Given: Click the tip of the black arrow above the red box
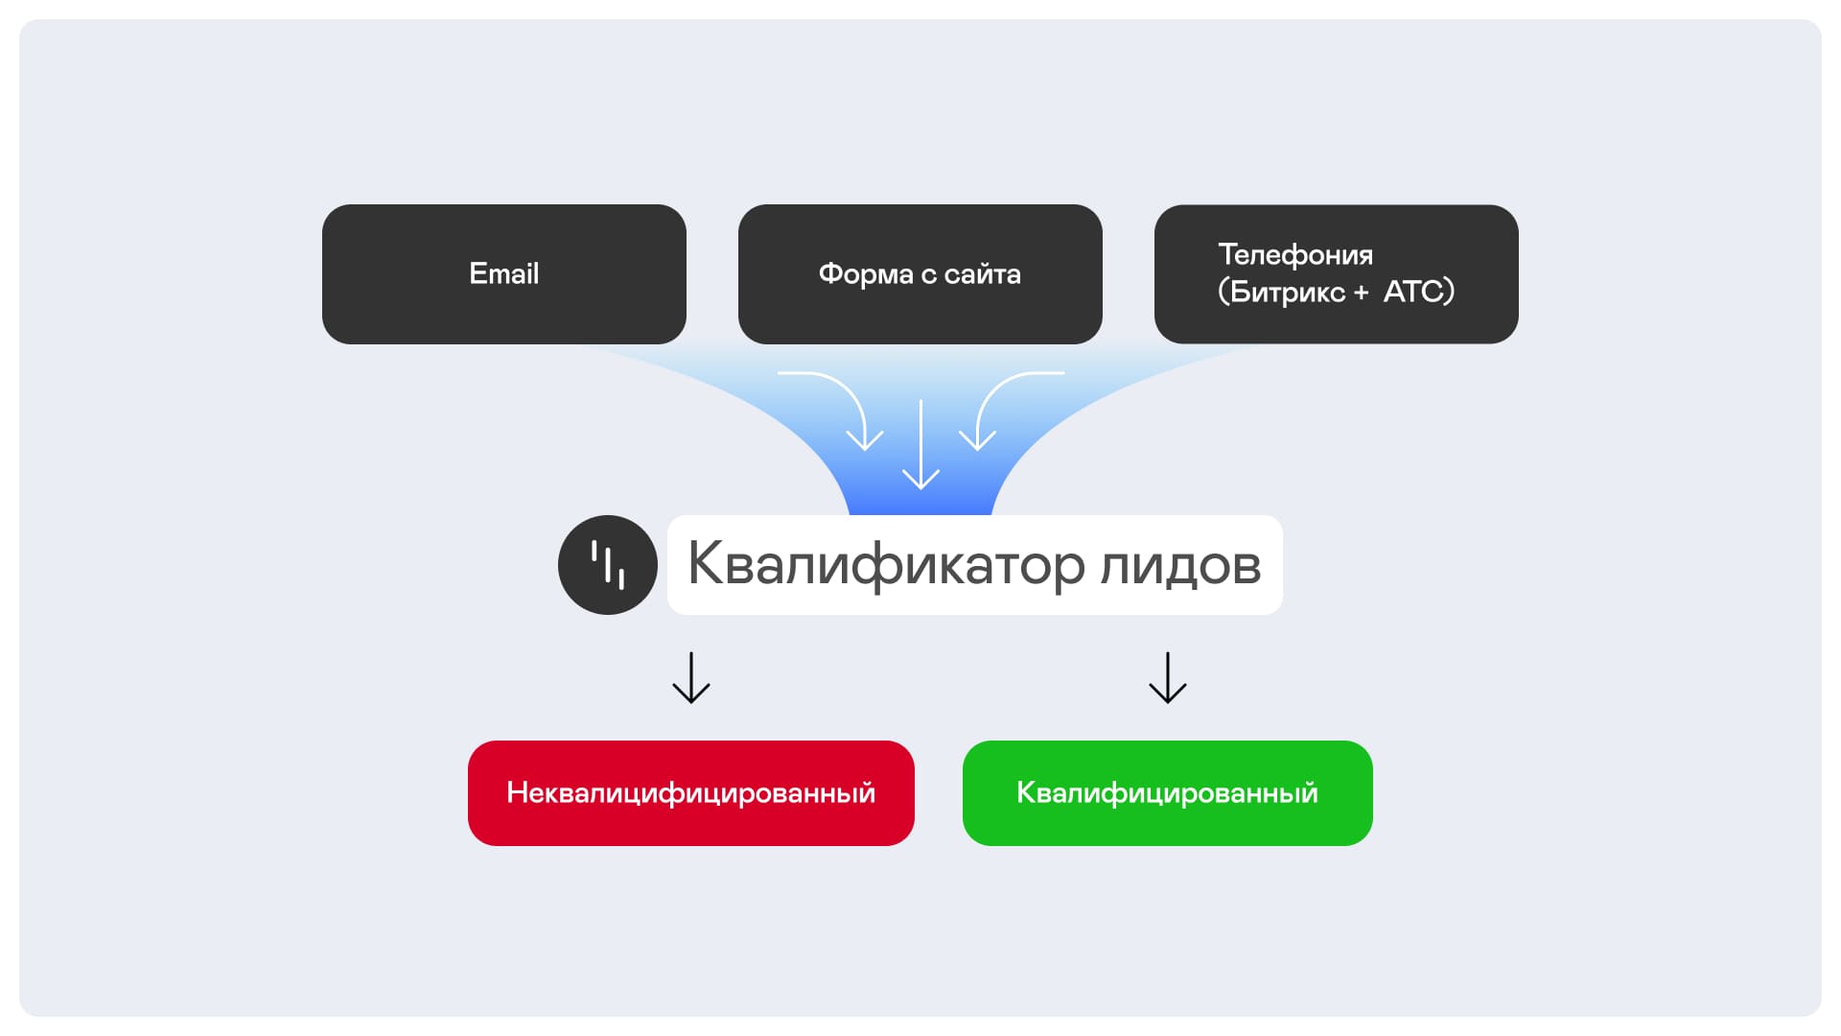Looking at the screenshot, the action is coord(691,703).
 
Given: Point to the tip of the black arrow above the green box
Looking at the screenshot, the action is coord(1168,703).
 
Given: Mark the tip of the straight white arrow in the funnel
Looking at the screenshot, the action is coord(920,489).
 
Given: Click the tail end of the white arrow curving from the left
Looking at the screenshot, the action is coord(779,373).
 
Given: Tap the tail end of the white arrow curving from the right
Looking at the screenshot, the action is coord(1063,373).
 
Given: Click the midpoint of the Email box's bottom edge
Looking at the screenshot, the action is coord(504,343).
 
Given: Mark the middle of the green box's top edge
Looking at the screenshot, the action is coord(1168,742).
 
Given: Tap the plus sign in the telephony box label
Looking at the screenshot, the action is coord(1361,293).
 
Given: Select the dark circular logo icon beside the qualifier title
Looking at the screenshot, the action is coord(608,565).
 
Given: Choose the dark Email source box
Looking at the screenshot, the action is coord(504,274).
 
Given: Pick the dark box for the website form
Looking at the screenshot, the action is coord(920,274).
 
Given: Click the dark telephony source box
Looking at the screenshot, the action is coord(1337,274).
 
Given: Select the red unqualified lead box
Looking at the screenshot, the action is coord(691,793).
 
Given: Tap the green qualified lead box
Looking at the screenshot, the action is coord(1168,793).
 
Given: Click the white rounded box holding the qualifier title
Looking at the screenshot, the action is coord(975,565).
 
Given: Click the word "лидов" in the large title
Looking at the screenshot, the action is coord(1180,566).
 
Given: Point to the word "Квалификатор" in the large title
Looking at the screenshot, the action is coord(887,564).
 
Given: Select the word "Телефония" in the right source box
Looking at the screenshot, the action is coord(1295,255).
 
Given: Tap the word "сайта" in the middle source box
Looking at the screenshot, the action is coord(983,274).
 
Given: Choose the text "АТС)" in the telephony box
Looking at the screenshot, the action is coord(1419,292).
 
